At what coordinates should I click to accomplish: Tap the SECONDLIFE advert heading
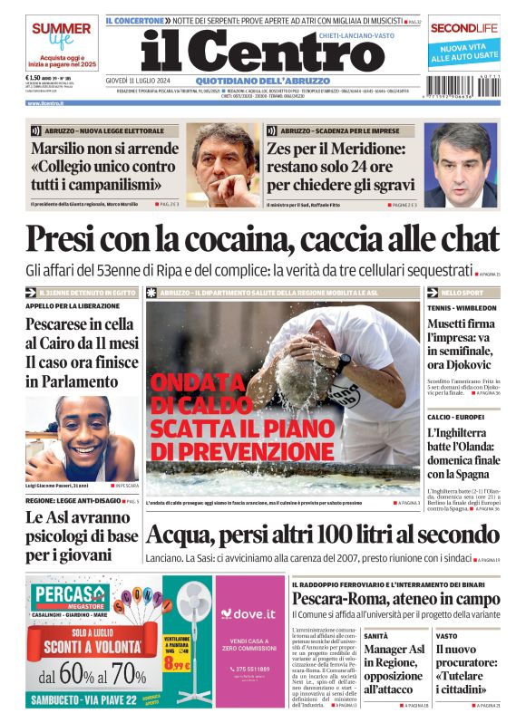coord(464,28)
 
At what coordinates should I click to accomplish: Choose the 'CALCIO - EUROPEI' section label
coord(457,416)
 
